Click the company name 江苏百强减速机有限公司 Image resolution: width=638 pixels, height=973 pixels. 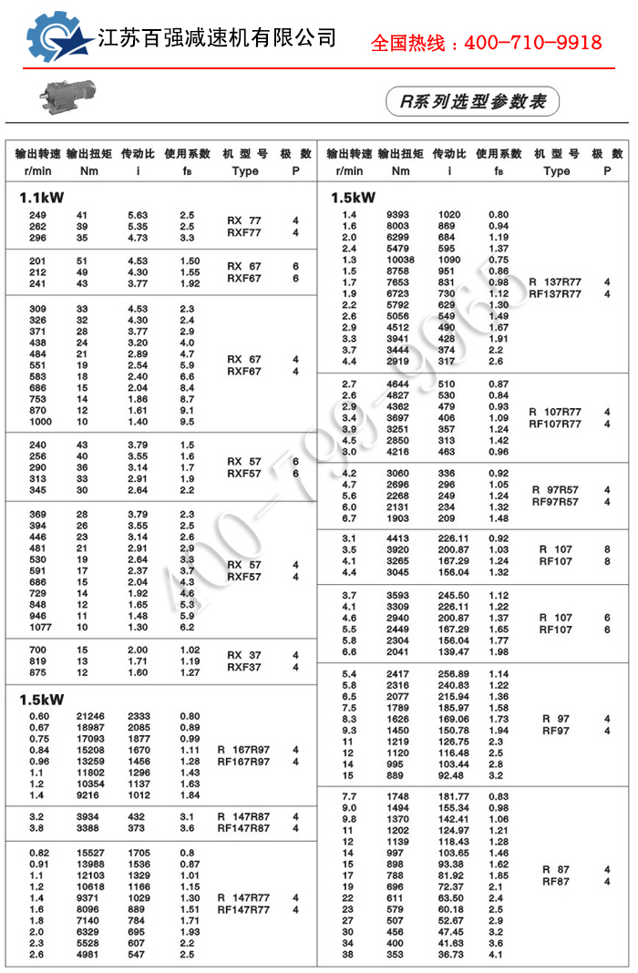tap(217, 38)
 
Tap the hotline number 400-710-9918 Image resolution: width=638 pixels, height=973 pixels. tap(486, 43)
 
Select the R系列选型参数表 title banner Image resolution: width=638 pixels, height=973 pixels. tap(472, 101)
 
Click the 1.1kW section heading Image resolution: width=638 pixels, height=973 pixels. tap(42, 196)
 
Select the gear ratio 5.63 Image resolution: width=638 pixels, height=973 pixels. tap(138, 216)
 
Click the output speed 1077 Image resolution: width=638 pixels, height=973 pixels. tap(42, 628)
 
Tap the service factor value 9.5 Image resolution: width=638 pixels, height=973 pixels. tap(188, 422)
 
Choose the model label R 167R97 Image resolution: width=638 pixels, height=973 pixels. tap(244, 750)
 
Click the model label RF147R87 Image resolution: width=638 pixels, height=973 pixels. tap(243, 828)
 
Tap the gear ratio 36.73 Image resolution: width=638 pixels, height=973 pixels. tap(450, 955)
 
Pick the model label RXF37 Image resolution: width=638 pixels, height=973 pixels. tap(243, 667)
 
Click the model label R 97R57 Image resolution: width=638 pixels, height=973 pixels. tap(555, 490)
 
